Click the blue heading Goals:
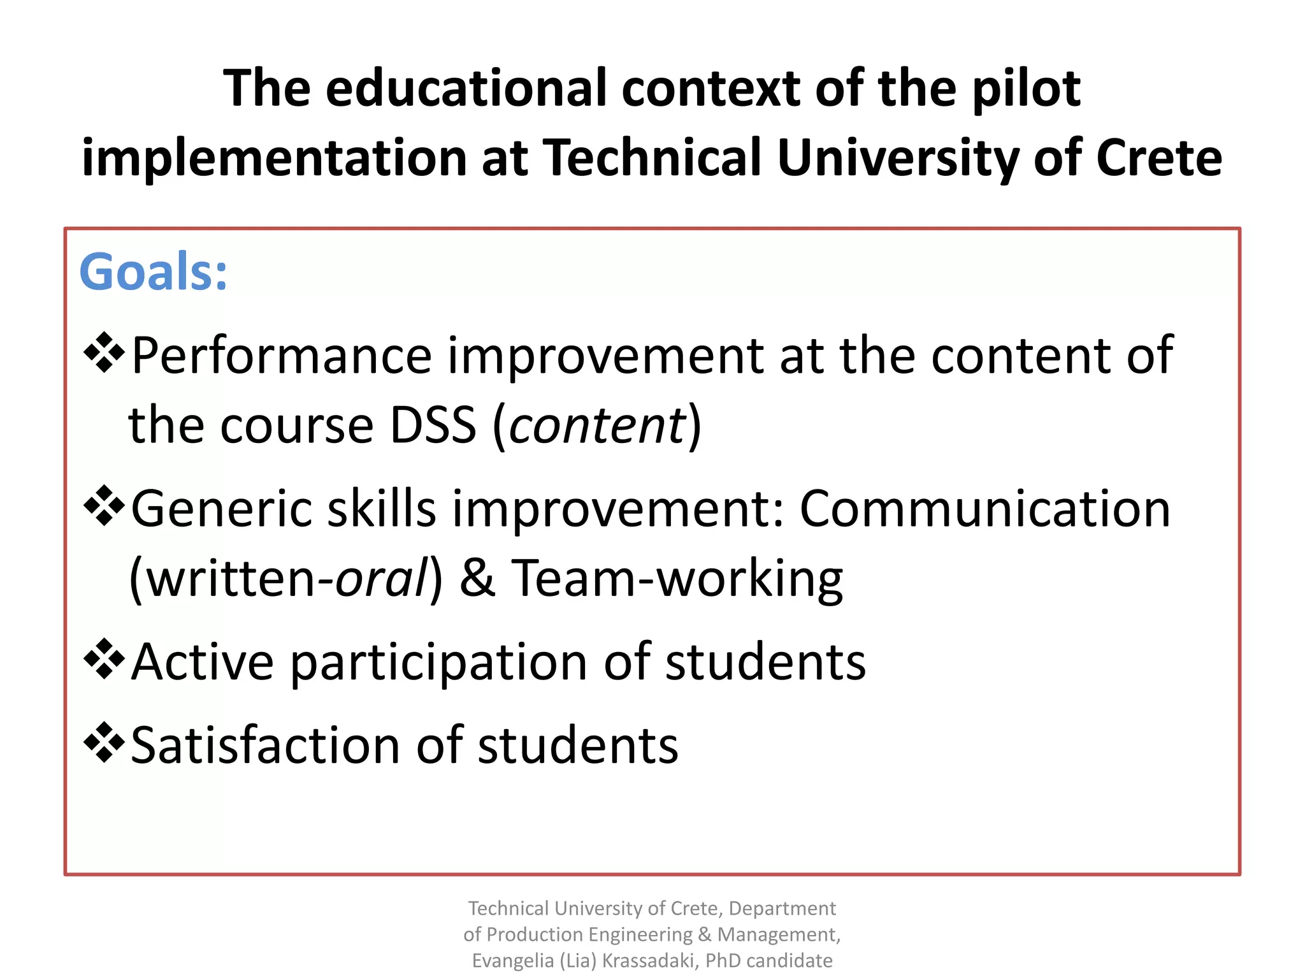[153, 272]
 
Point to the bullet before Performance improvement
[104, 352]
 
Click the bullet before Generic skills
[104, 506]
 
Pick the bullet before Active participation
[104, 659]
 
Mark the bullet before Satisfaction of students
[104, 743]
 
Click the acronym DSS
[433, 425]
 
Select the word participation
[439, 663]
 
